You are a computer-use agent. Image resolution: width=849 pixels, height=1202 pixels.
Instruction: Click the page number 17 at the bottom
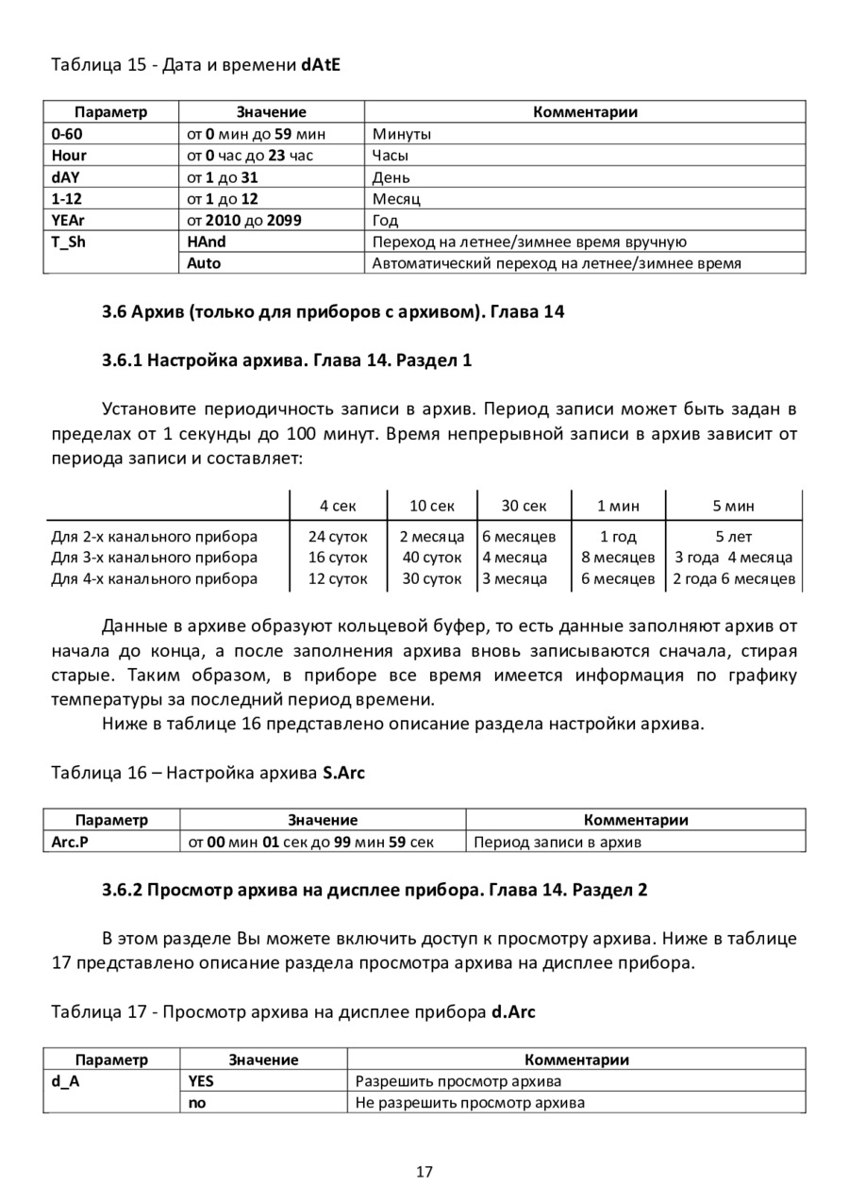pyautogui.click(x=424, y=1172)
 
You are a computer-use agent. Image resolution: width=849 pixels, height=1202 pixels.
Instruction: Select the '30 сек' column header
pyautogui.click(x=524, y=506)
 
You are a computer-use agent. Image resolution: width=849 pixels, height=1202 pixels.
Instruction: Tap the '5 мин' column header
pyautogui.click(x=733, y=506)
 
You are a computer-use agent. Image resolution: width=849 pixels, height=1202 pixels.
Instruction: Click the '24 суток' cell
pyautogui.click(x=338, y=536)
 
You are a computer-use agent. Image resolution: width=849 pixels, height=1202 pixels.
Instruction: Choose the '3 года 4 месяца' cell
pyautogui.click(x=733, y=557)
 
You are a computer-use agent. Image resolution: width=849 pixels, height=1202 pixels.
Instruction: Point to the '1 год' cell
pyautogui.click(x=618, y=536)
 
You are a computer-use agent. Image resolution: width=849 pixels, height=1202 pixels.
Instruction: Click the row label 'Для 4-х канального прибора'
pyautogui.click(x=154, y=578)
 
